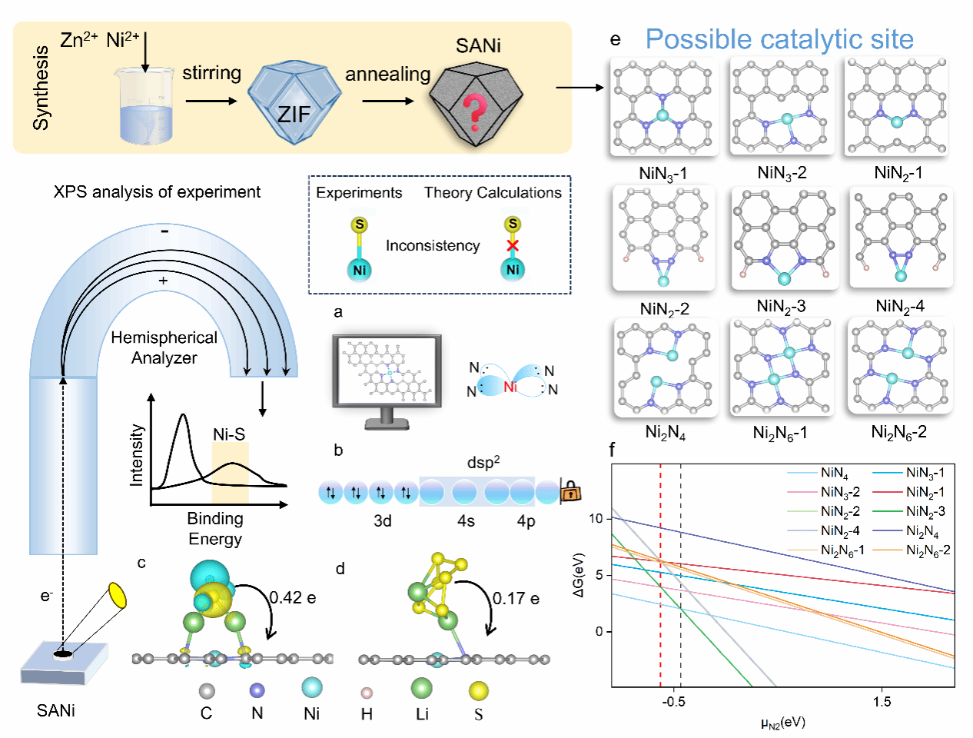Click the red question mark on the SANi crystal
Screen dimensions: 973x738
tap(475, 112)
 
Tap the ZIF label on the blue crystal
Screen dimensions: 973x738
tap(294, 115)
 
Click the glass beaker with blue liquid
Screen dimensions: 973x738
tap(145, 105)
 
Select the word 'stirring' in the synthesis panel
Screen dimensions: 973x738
tap(212, 73)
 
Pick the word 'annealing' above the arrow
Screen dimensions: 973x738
tap(388, 75)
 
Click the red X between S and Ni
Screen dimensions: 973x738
tap(513, 245)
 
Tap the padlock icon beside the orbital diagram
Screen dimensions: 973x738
tap(570, 491)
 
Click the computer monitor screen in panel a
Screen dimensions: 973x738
tap(387, 370)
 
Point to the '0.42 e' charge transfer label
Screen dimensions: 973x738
tap(293, 597)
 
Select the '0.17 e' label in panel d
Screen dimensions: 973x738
tap(516, 598)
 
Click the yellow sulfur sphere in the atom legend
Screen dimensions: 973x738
tap(478, 690)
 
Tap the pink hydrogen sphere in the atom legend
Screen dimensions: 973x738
tap(367, 693)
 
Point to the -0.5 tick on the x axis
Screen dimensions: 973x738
tap(674, 702)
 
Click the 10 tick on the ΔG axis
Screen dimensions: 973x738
tap(596, 518)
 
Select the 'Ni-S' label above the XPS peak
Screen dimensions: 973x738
tap(229, 434)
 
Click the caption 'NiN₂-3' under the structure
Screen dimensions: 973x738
tap(781, 306)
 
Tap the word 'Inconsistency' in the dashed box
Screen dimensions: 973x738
tap(433, 245)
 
